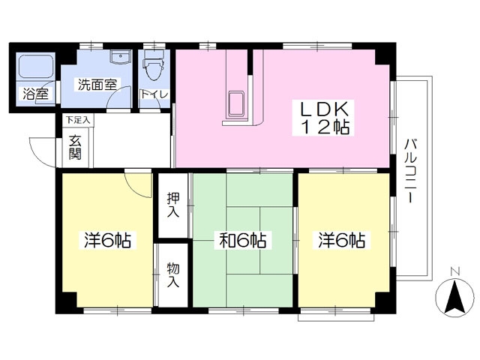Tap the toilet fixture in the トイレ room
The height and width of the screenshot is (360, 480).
pyautogui.click(x=154, y=65)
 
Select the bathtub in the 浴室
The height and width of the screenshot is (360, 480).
pyautogui.click(x=35, y=65)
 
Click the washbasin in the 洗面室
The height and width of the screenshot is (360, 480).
pyautogui.click(x=121, y=57)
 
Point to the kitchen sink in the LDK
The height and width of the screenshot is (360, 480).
pyautogui.click(x=236, y=104)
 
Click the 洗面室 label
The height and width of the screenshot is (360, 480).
pyautogui.click(x=97, y=85)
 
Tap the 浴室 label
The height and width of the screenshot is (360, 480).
pyautogui.click(x=36, y=94)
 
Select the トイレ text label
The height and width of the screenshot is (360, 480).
pyautogui.click(x=154, y=94)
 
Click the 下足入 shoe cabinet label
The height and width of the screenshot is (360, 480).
pyautogui.click(x=78, y=120)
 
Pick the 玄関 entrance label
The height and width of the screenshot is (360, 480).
pyautogui.click(x=75, y=147)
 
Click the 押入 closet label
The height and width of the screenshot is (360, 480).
pyautogui.click(x=173, y=205)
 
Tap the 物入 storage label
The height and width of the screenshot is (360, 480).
pyautogui.click(x=173, y=275)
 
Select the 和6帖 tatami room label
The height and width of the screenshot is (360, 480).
pyautogui.click(x=243, y=240)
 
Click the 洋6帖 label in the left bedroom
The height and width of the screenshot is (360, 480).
pyautogui.click(x=108, y=240)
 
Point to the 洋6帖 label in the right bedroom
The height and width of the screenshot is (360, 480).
pyautogui.click(x=342, y=240)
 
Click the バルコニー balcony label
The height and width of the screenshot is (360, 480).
pyautogui.click(x=410, y=170)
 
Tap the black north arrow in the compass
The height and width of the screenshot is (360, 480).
pyautogui.click(x=454, y=295)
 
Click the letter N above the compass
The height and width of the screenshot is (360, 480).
pyautogui.click(x=456, y=271)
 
